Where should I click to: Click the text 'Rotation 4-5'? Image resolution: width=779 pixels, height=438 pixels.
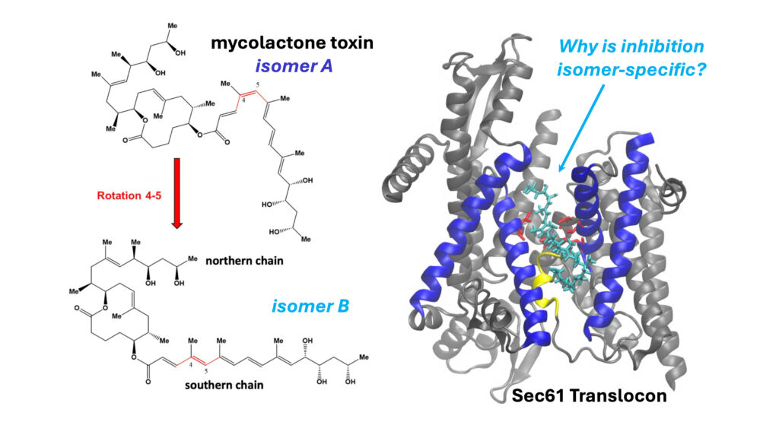(126, 195)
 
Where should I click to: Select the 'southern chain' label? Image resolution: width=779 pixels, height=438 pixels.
(224, 385)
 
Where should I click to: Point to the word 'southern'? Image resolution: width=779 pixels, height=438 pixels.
(208, 385)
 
